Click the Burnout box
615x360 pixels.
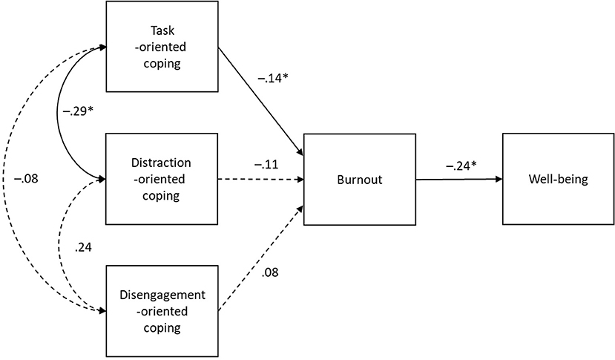tap(358, 180)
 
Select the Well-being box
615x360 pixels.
tap(557, 180)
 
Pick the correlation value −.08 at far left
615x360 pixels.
tap(26, 179)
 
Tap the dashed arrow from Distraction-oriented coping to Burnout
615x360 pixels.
tap(259, 180)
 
